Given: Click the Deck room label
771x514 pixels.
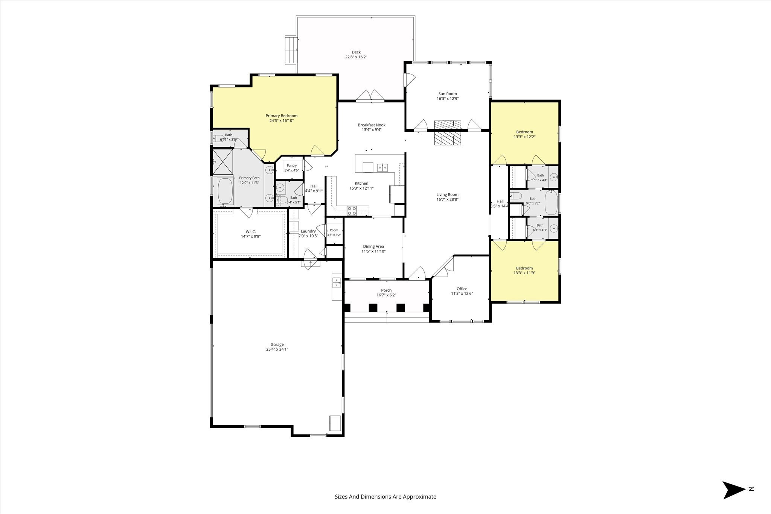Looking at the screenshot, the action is (x=356, y=52).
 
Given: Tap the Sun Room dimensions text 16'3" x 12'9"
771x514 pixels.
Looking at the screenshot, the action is (x=448, y=99).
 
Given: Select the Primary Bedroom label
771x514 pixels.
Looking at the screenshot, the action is (x=282, y=116).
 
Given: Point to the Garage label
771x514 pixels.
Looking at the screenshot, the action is (x=277, y=344).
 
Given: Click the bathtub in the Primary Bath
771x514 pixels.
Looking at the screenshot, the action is (x=226, y=192).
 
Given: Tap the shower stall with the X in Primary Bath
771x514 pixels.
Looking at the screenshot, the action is (x=223, y=162).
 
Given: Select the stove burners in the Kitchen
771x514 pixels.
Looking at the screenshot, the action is (x=352, y=211).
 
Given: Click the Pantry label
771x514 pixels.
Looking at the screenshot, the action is (x=292, y=166).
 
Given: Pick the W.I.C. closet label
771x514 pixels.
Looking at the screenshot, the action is (x=251, y=232).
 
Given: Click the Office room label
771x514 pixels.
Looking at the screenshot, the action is (x=462, y=289).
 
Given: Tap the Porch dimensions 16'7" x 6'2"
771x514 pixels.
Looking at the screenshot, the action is (x=386, y=295).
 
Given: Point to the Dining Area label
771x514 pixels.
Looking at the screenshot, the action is (x=373, y=246).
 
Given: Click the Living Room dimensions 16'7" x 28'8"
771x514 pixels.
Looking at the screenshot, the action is (x=448, y=199).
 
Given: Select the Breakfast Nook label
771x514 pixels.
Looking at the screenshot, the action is (x=372, y=125).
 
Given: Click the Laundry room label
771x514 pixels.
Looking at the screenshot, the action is (x=308, y=231).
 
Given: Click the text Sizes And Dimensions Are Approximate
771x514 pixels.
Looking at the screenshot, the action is (x=385, y=497).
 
